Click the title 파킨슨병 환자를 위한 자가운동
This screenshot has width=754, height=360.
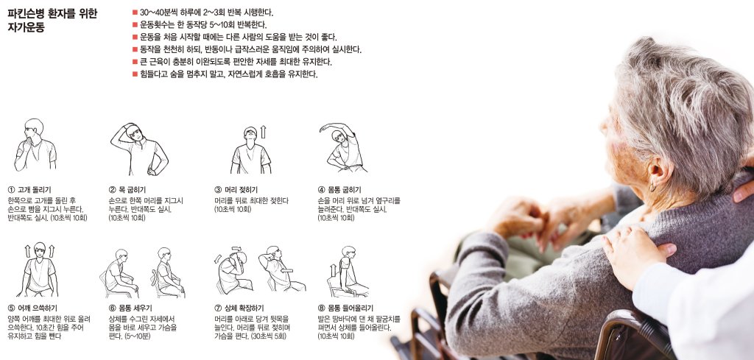point(52,21)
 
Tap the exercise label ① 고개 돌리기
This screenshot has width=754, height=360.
point(29,190)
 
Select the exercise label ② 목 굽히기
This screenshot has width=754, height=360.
point(127,190)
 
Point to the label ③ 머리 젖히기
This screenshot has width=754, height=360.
point(236,190)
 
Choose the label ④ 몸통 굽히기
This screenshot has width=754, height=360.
point(339,190)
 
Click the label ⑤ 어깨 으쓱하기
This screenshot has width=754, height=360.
point(32,308)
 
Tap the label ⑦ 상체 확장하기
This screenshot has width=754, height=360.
point(239,308)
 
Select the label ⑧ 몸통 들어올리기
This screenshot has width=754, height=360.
point(346,308)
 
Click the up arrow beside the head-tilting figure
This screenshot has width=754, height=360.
point(263,132)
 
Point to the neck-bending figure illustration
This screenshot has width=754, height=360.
point(139,149)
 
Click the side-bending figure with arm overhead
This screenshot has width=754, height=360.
point(342,147)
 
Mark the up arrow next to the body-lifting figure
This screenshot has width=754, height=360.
point(334,270)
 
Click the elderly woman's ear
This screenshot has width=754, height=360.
point(660,172)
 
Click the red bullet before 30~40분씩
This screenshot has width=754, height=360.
point(135,12)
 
